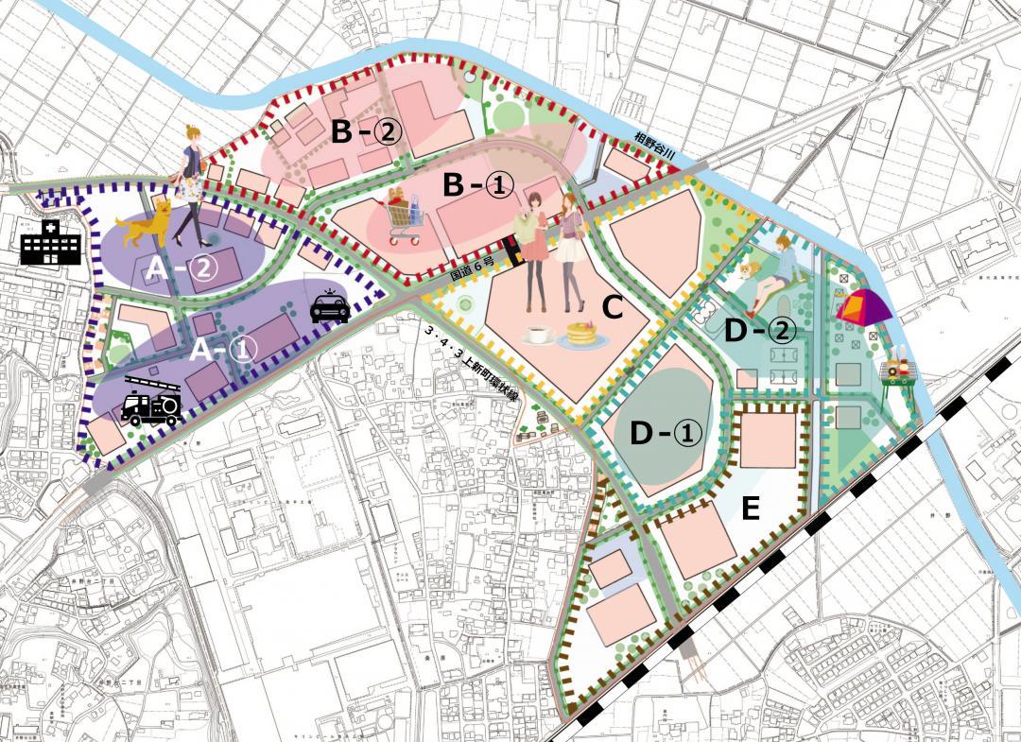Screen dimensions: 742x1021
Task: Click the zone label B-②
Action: pyautogui.click(x=367, y=132)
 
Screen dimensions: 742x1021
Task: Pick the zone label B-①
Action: pyautogui.click(x=479, y=186)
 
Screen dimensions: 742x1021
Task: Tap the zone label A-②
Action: pyautogui.click(x=182, y=269)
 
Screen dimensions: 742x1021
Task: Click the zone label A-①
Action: pyautogui.click(x=224, y=350)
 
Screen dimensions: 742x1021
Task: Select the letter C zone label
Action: pyautogui.click(x=612, y=307)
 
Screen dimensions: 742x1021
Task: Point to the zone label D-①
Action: pyautogui.click(x=666, y=433)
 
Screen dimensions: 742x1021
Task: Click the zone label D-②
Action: pyautogui.click(x=760, y=330)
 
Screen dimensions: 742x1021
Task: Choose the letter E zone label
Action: pyautogui.click(x=751, y=509)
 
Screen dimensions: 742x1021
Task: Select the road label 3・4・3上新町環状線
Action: pyautogui.click(x=473, y=363)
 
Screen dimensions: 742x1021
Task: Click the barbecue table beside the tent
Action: pyautogui.click(x=898, y=373)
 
